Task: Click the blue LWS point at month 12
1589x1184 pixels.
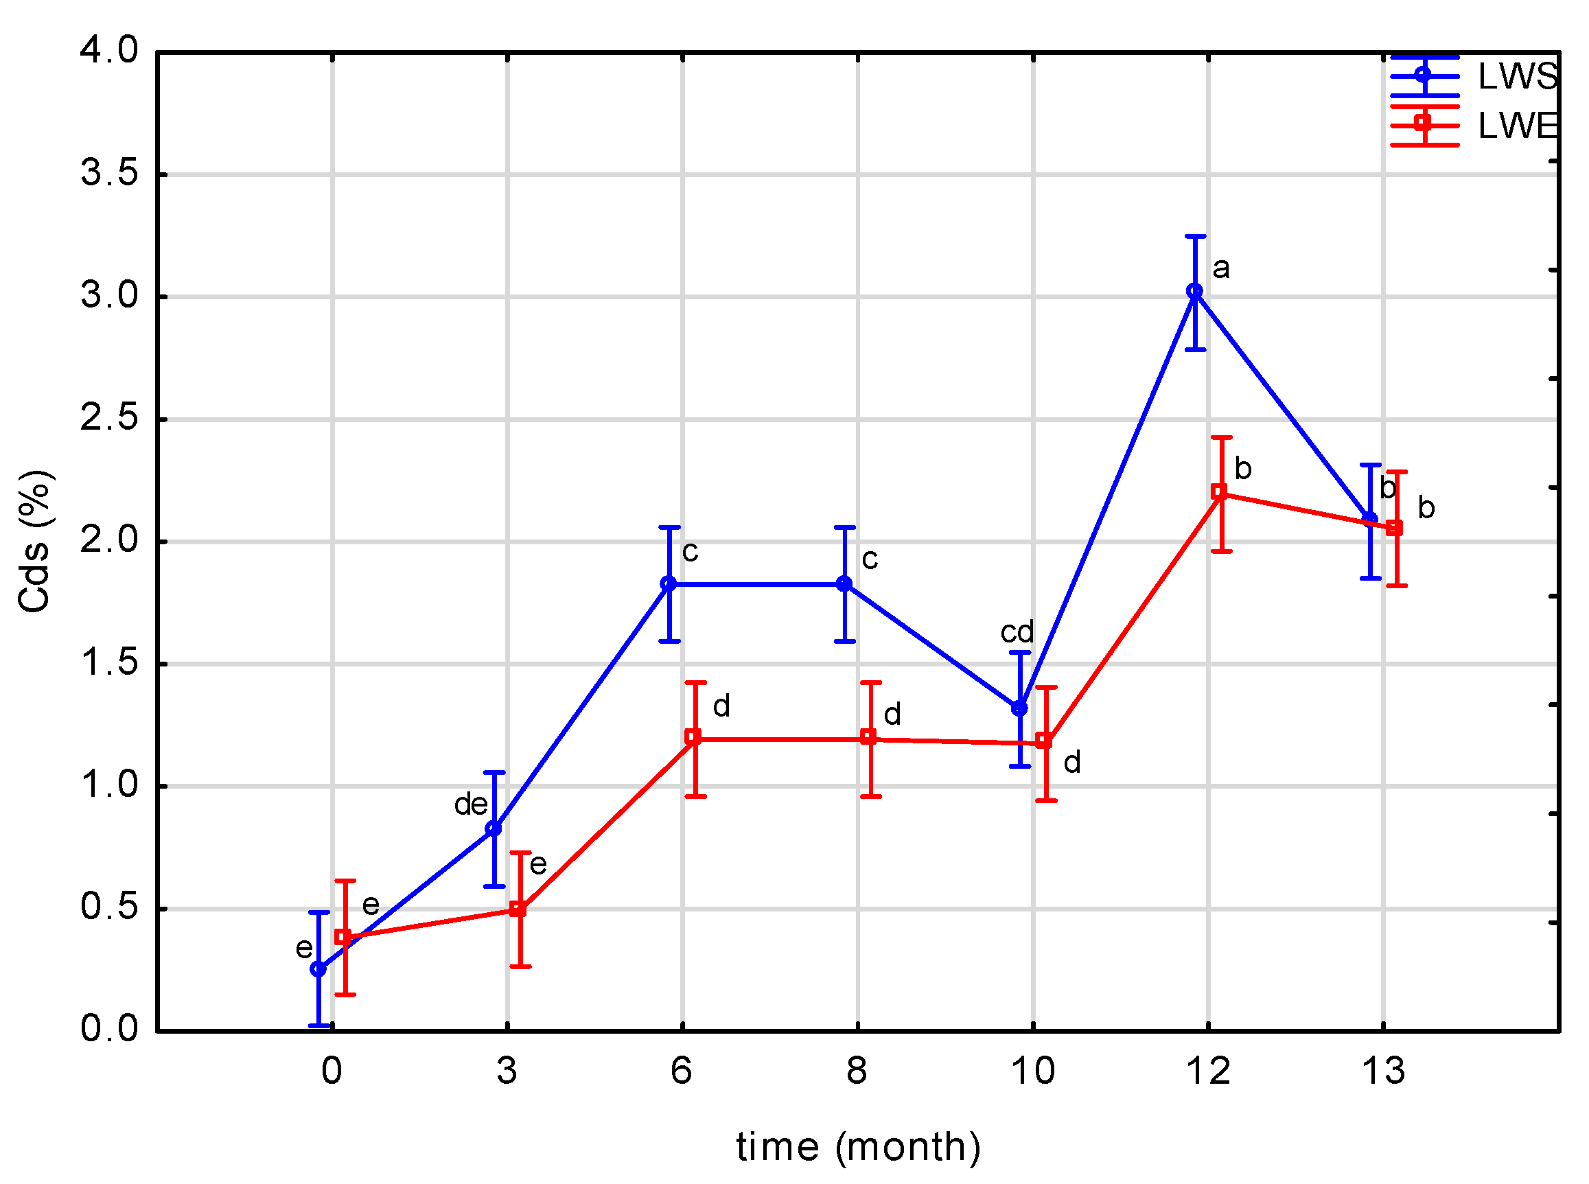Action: pos(1194,291)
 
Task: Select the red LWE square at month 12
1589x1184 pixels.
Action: pos(1218,491)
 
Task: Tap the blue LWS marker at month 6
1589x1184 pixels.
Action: pos(668,583)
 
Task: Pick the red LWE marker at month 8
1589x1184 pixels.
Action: pos(868,736)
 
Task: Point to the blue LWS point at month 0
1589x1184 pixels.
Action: pos(318,969)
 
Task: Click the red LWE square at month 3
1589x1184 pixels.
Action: pos(518,909)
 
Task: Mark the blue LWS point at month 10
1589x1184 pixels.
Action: pos(1019,708)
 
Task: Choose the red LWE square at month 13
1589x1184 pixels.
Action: pos(1394,529)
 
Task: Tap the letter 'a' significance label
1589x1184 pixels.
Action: pos(1220,268)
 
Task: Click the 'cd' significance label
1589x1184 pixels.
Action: pos(1017,632)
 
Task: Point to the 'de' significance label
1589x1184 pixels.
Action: pos(471,804)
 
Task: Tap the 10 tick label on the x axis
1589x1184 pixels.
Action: pos(1033,1071)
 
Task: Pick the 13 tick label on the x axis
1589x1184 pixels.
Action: pos(1382,1071)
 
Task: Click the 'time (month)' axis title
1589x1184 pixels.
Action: pos(858,1147)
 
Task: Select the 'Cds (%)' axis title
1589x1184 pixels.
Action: pos(34,542)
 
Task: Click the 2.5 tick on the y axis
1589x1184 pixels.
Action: pos(109,418)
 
